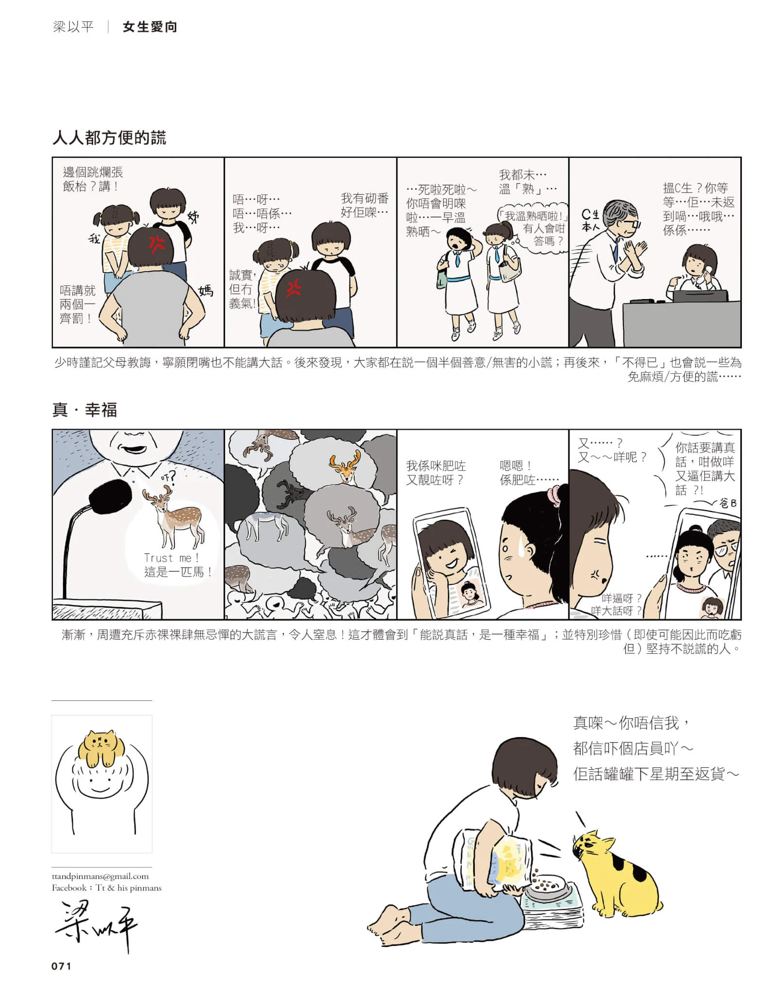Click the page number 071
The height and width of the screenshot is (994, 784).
pyautogui.click(x=61, y=966)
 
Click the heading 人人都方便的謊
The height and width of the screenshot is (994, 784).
pyautogui.click(x=109, y=138)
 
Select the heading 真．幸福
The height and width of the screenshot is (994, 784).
pyautogui.click(x=84, y=410)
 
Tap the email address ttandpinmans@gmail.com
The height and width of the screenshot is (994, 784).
pyautogui.click(x=100, y=876)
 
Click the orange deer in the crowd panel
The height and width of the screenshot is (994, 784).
pyautogui.click(x=346, y=467)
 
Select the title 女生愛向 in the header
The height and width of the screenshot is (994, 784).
pyautogui.click(x=150, y=27)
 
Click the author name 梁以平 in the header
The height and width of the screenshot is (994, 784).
pyautogui.click(x=73, y=27)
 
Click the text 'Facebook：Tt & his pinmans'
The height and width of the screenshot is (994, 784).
pyautogui.click(x=107, y=888)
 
